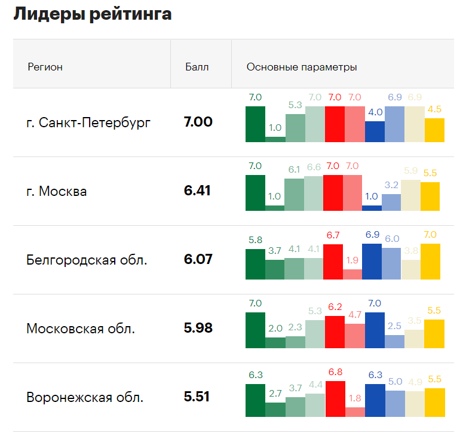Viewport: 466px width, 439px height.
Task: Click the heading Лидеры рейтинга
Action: point(93,14)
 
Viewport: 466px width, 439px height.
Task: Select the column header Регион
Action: point(45,67)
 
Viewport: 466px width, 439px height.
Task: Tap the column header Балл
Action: point(197,67)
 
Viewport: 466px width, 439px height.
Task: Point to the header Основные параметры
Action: point(302,67)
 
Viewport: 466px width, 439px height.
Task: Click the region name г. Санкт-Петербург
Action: point(88,123)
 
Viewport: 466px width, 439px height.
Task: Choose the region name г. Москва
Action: point(57,192)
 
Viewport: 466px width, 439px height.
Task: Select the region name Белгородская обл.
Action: point(87,260)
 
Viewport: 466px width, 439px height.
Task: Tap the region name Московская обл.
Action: point(81,329)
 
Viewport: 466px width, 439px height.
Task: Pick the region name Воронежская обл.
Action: point(85,398)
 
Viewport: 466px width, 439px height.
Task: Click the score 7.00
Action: point(198,122)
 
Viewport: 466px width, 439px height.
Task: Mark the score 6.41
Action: point(197,191)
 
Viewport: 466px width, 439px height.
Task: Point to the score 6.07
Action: point(198,260)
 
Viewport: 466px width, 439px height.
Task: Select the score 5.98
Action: point(198,329)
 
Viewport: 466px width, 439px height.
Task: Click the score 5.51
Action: point(197,397)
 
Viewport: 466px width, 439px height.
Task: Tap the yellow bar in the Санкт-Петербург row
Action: point(434,130)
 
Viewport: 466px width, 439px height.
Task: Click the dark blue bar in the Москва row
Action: point(372,208)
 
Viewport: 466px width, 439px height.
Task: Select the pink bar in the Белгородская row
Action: point(352,274)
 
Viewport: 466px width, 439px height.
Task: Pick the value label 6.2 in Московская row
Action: point(335,307)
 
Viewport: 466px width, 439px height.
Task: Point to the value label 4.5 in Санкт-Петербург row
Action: point(434,109)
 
